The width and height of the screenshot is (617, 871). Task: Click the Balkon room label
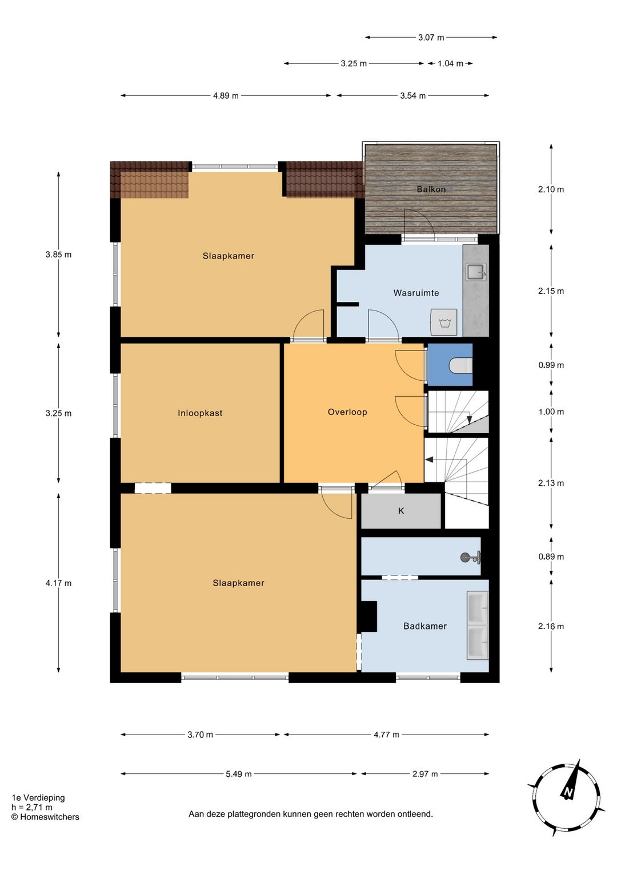(431, 189)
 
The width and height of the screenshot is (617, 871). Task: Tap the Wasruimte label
(416, 293)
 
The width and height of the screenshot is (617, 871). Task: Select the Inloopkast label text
(200, 413)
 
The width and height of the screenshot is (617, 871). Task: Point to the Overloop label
(347, 412)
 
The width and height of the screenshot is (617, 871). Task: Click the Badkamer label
(424, 626)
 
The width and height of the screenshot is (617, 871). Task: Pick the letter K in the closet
(401, 511)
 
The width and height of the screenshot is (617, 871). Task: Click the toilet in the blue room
(460, 365)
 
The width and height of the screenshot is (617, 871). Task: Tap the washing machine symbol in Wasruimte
(444, 322)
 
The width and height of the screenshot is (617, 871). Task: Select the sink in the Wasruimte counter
(476, 272)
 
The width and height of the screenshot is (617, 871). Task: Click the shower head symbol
(471, 558)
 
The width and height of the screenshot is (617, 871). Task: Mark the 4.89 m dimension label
(226, 96)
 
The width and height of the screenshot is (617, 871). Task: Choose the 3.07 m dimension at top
(431, 38)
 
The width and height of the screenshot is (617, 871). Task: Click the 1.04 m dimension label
(450, 63)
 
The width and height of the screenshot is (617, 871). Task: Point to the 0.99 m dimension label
(551, 365)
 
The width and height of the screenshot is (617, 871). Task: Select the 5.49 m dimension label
(239, 774)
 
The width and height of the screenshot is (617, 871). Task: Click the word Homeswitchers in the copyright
(50, 817)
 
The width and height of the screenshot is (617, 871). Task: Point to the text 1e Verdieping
(38, 798)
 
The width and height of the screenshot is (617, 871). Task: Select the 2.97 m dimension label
(425, 774)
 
